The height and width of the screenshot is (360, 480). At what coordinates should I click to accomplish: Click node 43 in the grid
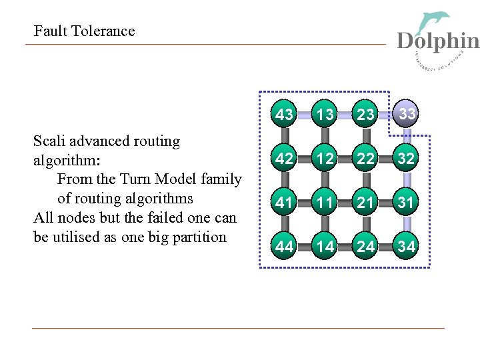click(x=285, y=115)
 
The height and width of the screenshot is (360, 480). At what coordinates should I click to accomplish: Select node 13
click(x=325, y=115)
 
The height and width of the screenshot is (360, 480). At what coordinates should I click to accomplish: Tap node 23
click(x=366, y=115)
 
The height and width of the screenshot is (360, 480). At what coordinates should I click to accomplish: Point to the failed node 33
click(x=407, y=113)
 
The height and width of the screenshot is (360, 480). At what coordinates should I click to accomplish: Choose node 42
click(x=285, y=159)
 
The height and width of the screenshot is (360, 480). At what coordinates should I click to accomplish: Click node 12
click(x=325, y=159)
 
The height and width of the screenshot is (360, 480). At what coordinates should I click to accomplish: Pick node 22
click(x=366, y=159)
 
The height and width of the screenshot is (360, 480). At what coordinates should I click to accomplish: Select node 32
click(x=407, y=159)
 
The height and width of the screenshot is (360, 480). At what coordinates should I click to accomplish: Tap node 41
click(x=285, y=203)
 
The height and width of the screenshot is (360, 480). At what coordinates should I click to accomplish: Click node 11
click(x=325, y=203)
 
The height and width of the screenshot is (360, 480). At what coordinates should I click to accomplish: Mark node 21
click(x=366, y=203)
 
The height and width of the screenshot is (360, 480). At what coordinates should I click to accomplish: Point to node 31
click(x=407, y=203)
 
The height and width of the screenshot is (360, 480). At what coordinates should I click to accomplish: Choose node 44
click(x=285, y=247)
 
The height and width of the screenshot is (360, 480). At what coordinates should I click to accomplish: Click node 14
click(x=325, y=247)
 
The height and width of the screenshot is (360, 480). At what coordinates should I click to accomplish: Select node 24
click(x=366, y=247)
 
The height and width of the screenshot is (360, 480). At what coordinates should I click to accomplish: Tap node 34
click(x=407, y=247)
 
